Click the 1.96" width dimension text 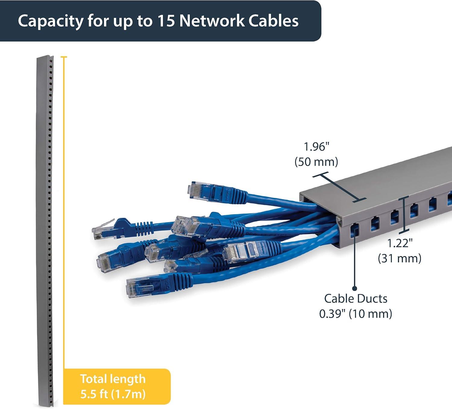pos(316,147)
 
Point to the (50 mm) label pos(316,162)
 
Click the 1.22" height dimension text pos(400,243)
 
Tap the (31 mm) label pos(400,258)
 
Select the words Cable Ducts pos(356,299)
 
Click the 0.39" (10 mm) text pos(356,314)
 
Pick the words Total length pos(113,379)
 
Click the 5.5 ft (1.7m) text pos(113,394)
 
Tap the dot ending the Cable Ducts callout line pos(354,288)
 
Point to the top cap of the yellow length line pos(64,57)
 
